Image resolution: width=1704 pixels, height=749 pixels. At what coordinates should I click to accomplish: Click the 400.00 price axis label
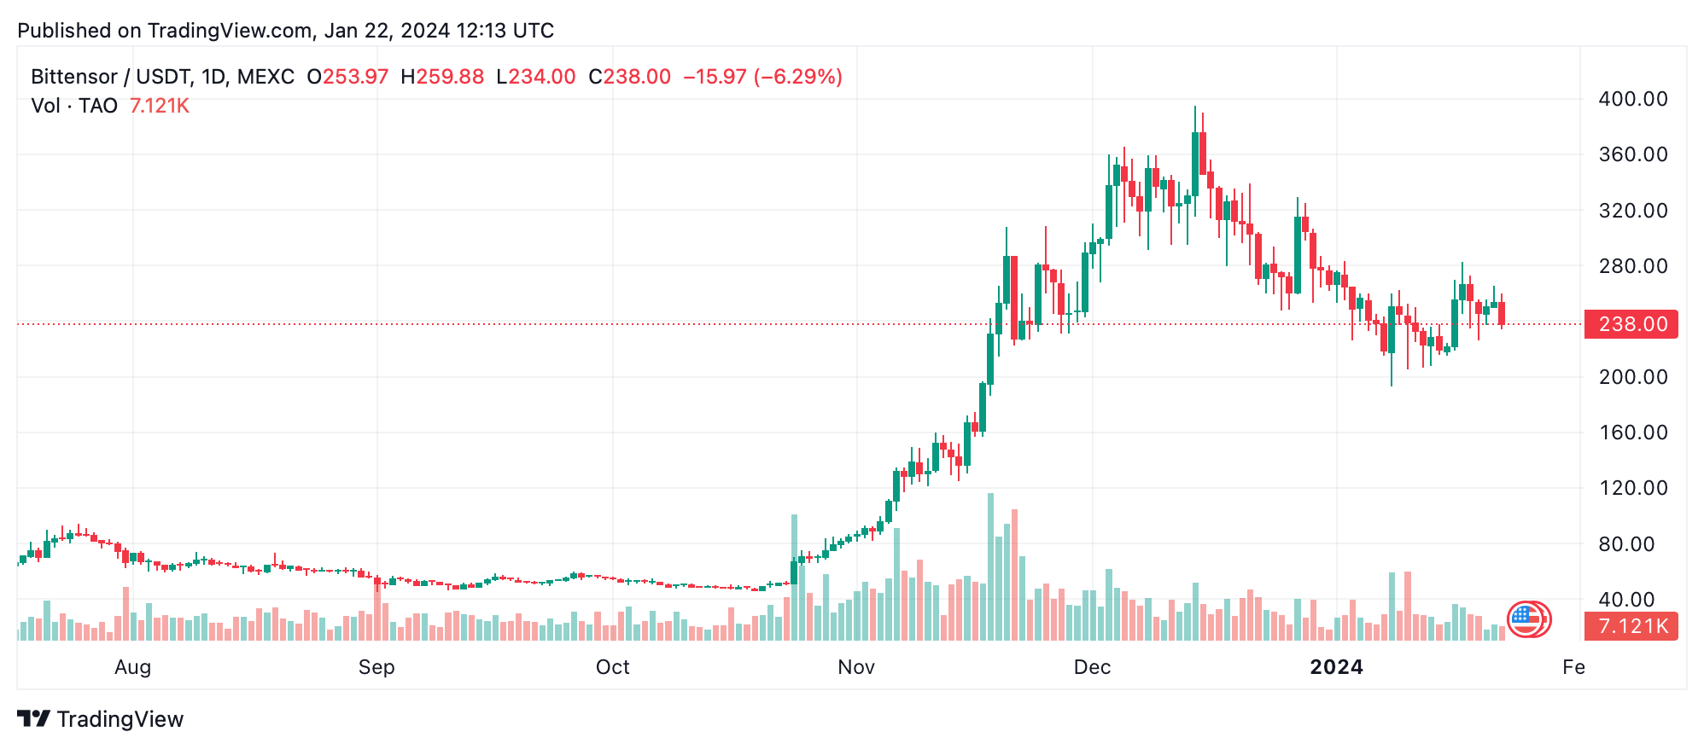pos(1632,99)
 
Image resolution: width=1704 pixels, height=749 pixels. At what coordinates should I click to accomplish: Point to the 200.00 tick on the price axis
pos(1632,377)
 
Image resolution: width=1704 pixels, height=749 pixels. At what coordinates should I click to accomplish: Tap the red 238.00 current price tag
pos(1631,324)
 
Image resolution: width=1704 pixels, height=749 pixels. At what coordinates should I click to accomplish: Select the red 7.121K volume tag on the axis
pos(1631,626)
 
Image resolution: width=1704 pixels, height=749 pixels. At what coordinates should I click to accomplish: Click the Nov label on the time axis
pos(856,667)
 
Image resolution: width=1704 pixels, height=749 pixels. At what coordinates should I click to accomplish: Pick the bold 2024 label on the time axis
pos(1336,667)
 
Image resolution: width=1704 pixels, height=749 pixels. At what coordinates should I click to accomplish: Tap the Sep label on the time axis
pos(376,667)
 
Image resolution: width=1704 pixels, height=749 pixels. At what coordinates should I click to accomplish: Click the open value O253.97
pos(347,77)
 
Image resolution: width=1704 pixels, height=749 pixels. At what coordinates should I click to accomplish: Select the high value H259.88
pos(442,77)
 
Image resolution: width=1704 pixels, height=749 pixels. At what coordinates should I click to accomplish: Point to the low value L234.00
pos(536,77)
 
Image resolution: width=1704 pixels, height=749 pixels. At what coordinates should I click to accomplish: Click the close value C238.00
pos(630,77)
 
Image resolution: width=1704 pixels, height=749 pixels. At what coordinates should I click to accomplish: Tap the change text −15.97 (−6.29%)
pos(762,77)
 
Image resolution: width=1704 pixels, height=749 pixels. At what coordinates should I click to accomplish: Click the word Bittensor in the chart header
pos(74,77)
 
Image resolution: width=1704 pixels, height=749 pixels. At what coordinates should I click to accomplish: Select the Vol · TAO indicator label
pos(74,106)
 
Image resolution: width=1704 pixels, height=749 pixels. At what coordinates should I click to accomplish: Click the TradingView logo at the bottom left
pos(101,719)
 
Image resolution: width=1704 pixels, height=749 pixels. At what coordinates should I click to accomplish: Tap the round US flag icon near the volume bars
pos(1526,619)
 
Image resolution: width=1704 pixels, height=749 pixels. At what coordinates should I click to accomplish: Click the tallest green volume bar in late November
pos(990,567)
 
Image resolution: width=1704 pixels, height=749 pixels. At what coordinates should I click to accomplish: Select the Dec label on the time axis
pos(1092,667)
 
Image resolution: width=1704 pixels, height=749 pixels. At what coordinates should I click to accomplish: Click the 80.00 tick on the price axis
pos(1632,544)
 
